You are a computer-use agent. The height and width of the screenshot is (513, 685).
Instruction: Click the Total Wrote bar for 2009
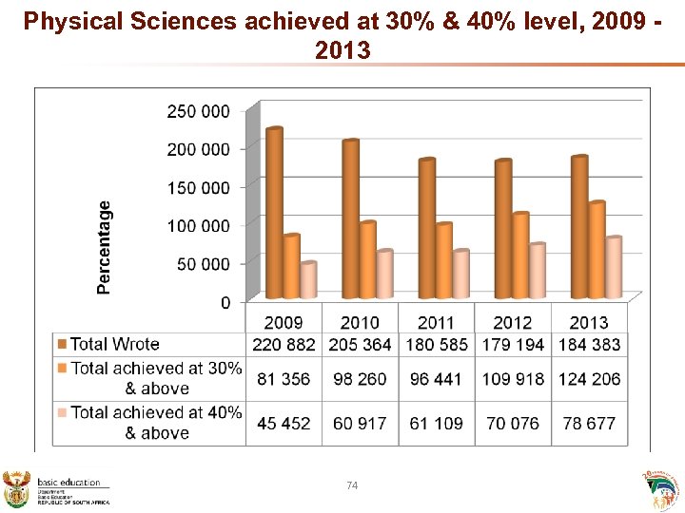pos(274,213)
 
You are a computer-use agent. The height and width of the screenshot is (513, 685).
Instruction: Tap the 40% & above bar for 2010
pos(384,275)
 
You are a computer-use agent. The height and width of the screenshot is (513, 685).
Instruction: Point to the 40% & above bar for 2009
pos(308,280)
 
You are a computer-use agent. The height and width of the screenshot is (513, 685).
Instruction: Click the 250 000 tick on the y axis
pos(198,111)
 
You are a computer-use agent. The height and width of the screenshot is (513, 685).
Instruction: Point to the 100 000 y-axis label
pos(198,225)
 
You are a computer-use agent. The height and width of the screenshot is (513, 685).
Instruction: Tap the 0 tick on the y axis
pos(225,302)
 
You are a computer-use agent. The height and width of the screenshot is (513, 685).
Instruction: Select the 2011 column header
pos(437,322)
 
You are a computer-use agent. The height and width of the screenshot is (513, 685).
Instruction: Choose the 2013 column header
pos(589,322)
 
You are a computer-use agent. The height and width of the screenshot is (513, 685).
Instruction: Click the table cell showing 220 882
pos(284,344)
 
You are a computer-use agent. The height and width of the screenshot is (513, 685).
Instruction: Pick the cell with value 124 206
pos(590,379)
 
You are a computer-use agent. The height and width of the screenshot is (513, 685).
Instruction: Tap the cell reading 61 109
pos(437,423)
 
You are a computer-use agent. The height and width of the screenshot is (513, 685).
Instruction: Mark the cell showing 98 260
pos(360,379)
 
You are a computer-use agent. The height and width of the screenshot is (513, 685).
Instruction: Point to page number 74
pos(352,485)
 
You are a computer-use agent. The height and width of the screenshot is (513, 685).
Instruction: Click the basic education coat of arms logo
pos(17,488)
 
